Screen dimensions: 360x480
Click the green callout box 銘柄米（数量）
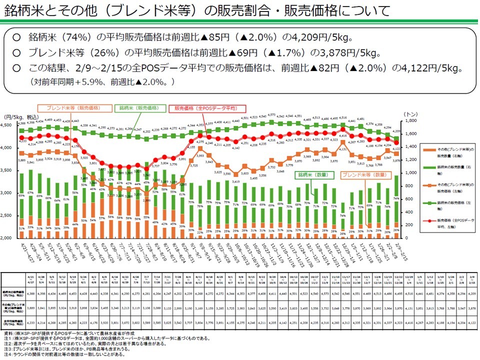click(313, 175)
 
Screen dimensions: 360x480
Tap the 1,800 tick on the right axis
click(410, 121)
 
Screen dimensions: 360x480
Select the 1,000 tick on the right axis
click(410, 172)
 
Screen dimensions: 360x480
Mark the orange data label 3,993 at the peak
click(200, 155)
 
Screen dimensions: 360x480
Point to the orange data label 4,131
click(343, 148)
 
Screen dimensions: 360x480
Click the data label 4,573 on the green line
click(271, 115)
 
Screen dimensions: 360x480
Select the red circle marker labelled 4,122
click(395, 142)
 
